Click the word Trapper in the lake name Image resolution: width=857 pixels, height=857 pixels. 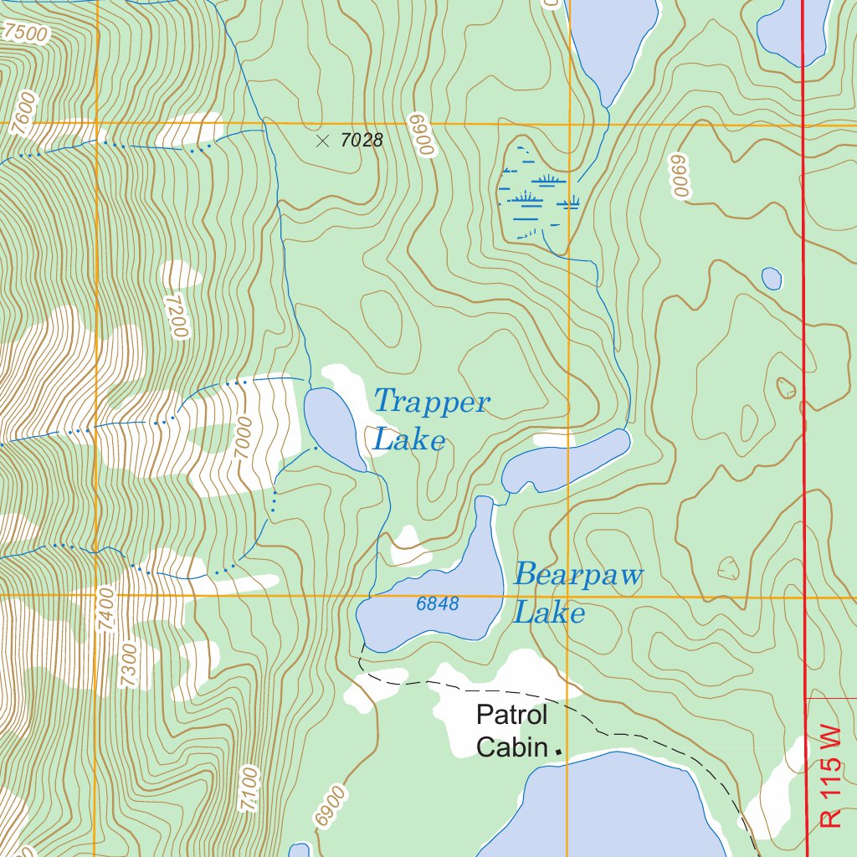click(431, 403)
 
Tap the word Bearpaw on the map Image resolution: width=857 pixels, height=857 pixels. click(578, 576)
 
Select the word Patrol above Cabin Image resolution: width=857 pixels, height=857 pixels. click(511, 716)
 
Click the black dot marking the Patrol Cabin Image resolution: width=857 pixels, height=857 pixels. click(558, 752)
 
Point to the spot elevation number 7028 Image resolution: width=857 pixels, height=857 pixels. click(362, 141)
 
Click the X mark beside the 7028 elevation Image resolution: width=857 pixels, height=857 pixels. click(323, 141)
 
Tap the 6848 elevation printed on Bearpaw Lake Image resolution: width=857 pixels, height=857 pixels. click(438, 603)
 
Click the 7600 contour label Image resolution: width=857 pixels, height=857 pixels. click(25, 108)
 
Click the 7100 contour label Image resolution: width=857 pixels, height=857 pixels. click(249, 788)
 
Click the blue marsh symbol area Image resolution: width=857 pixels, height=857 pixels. click(536, 197)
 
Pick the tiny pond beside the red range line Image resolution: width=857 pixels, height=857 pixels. click(772, 278)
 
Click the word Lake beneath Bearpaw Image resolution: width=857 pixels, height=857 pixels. click(548, 613)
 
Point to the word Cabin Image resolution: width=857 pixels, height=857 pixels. click(511, 747)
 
